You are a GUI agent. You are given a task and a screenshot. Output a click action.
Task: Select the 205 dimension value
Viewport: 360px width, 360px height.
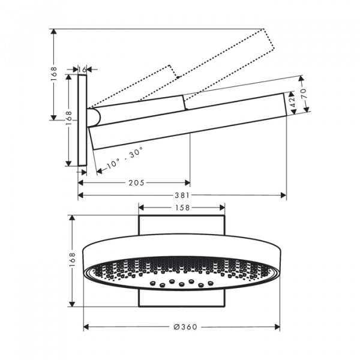tap(136, 182)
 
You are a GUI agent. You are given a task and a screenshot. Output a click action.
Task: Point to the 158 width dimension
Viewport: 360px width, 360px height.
tap(182, 208)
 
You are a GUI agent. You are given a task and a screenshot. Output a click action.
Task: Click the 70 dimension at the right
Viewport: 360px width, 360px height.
tap(304, 94)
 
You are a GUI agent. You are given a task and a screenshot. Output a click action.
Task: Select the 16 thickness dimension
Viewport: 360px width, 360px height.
tap(83, 70)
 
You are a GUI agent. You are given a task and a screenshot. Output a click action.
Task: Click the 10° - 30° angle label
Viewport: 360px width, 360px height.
tap(124, 157)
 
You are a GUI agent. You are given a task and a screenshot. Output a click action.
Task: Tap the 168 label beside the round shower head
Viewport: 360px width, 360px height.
tap(73, 260)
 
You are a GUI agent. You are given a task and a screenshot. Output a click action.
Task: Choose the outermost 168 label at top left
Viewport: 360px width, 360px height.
tap(54, 73)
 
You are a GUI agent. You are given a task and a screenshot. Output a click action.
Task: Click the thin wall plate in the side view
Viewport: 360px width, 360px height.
tap(83, 120)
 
